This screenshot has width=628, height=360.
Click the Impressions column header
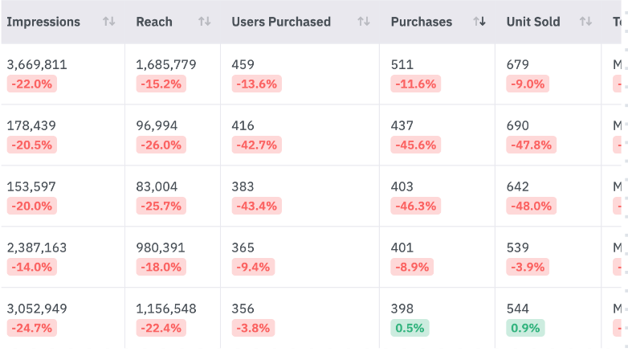[x=43, y=22]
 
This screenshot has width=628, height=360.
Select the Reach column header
[x=153, y=22]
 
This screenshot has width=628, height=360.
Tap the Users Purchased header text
[x=281, y=22]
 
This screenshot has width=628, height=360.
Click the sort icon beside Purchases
[x=479, y=22]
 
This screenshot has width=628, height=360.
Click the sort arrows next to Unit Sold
[x=585, y=22]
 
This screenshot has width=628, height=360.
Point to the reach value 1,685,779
[x=166, y=65]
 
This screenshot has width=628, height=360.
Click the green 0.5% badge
[x=410, y=328]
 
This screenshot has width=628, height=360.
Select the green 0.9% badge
[x=525, y=328]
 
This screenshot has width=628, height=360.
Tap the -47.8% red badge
[x=529, y=145]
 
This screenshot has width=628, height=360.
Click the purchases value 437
[x=402, y=126]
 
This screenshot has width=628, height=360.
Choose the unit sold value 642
[x=518, y=187]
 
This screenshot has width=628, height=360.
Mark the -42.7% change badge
[x=256, y=145]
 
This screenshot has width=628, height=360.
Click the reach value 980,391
[x=161, y=248]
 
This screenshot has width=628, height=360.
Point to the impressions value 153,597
[x=31, y=187]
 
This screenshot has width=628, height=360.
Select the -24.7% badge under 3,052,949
[x=31, y=328]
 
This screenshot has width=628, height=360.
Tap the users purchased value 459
[x=243, y=65]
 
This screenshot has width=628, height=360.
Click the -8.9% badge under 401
[x=412, y=267]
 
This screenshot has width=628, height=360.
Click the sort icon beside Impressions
[x=109, y=22]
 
